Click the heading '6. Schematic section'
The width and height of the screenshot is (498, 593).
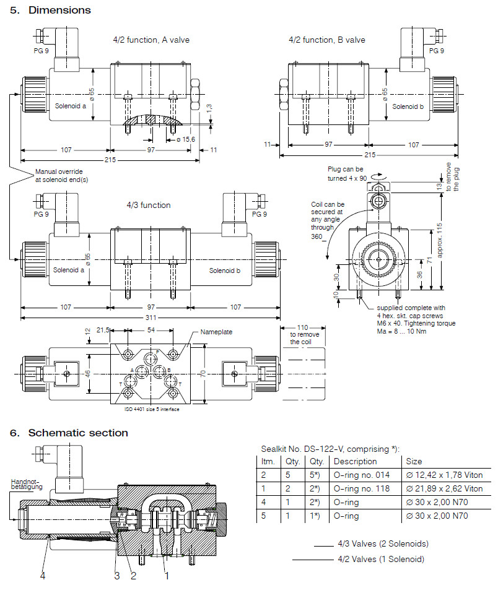(x=69, y=433)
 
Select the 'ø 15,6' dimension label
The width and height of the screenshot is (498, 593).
(x=185, y=139)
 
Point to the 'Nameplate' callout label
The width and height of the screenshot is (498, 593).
(x=216, y=332)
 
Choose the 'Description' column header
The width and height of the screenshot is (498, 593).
(x=355, y=461)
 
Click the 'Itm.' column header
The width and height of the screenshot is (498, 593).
(x=268, y=461)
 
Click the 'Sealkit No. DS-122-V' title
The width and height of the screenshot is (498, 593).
(x=328, y=449)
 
